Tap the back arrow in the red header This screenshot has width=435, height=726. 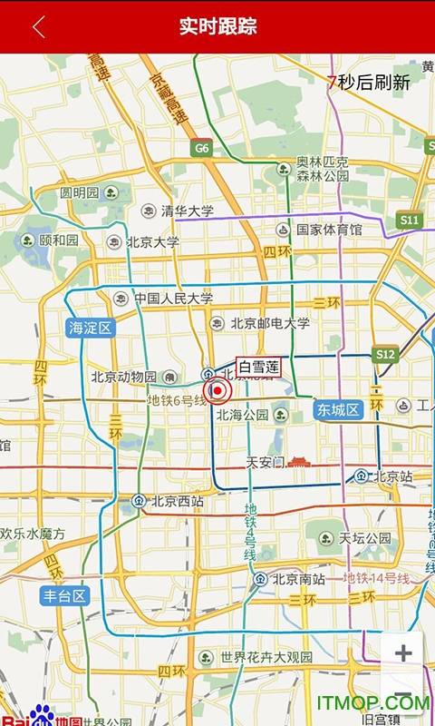click(38, 26)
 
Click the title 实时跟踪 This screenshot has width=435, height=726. click(217, 26)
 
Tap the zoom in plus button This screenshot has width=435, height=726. click(403, 652)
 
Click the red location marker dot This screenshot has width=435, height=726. click(217, 391)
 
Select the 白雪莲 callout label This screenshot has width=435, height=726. click(258, 367)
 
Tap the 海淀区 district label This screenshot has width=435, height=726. click(90, 328)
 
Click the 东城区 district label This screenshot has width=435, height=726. click(339, 409)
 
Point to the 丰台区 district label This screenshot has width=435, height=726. click(65, 595)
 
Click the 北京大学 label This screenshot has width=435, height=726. click(152, 242)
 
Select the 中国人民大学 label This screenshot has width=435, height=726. click(173, 298)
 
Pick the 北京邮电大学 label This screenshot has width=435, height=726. click(269, 323)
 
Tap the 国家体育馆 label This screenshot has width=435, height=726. click(329, 230)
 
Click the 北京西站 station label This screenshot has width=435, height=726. click(177, 500)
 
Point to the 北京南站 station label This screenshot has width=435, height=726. click(298, 578)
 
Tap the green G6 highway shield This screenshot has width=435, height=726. click(200, 147)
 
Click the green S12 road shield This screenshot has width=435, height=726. click(385, 353)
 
